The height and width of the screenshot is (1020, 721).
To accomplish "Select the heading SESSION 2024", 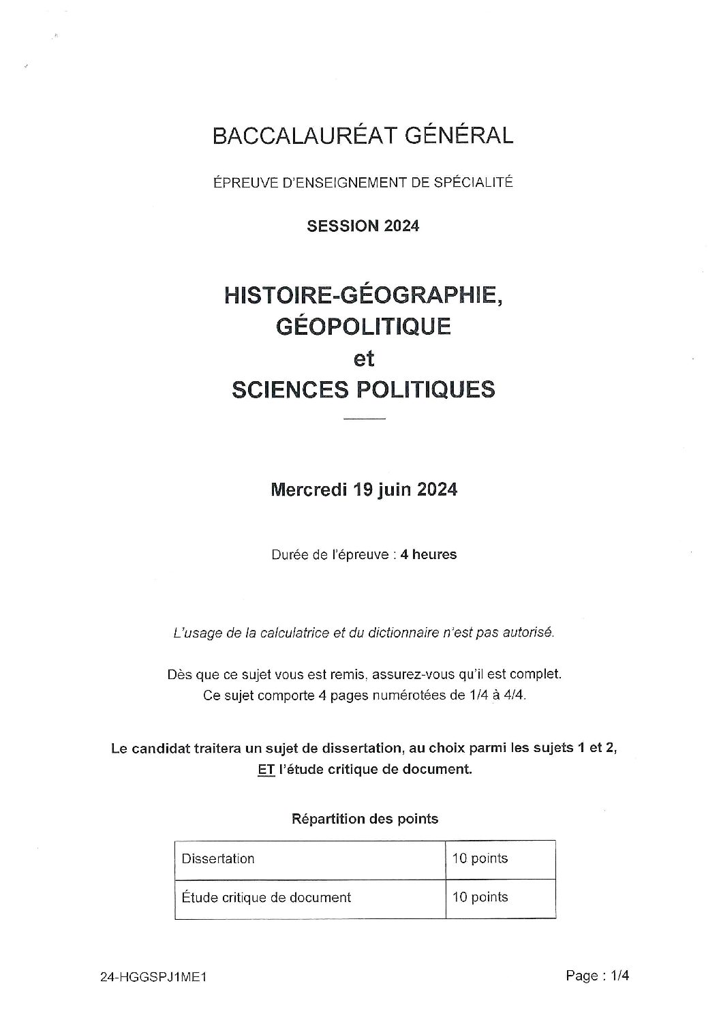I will (363, 226).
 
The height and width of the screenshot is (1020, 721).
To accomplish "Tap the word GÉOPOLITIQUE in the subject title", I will (363, 326).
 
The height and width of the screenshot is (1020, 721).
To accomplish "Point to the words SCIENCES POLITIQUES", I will (363, 389).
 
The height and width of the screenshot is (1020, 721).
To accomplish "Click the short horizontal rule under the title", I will (365, 418).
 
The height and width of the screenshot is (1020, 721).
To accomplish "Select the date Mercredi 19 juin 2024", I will (363, 490).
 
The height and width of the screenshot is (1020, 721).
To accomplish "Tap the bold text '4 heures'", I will (429, 554).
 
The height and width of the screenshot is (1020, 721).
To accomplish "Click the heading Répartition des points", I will (365, 818).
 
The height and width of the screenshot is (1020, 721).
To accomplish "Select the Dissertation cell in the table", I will (218, 858).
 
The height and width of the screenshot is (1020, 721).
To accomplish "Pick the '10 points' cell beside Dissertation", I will (480, 858).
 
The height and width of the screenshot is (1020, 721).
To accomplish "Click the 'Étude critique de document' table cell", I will (266, 897).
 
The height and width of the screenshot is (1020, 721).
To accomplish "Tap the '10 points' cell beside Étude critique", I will (480, 897).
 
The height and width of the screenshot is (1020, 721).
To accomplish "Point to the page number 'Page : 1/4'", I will (597, 976).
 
